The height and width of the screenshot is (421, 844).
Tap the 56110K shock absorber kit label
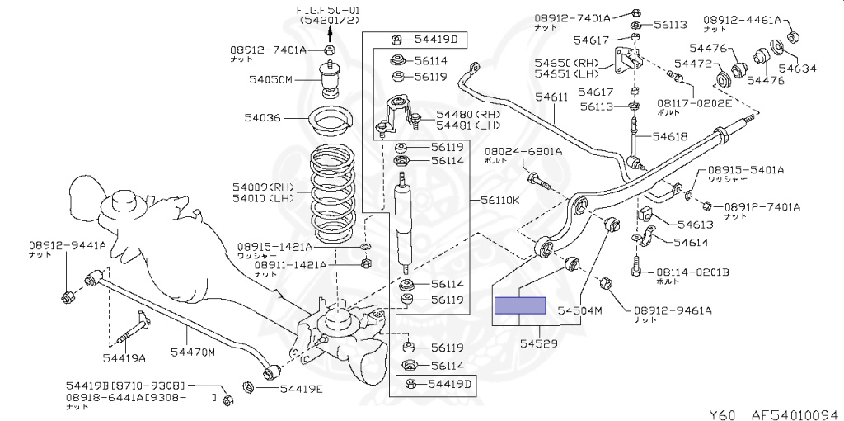coord(500,201)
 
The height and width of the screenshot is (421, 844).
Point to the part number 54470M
coord(192,353)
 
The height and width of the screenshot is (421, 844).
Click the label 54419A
coord(124,357)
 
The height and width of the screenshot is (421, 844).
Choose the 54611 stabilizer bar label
coord(551,97)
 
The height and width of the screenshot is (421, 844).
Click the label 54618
coord(670,136)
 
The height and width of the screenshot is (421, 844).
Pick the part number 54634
coord(796,69)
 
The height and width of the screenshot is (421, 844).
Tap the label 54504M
coord(580,310)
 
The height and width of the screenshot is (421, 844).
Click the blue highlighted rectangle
coord(519,305)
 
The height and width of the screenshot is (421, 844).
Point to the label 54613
coord(695,224)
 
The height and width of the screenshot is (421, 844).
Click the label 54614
coord(691,242)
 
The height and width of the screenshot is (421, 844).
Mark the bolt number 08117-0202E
coord(694,103)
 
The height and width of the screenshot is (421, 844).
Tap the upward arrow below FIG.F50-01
coord(330,33)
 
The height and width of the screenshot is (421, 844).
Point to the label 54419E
coord(302,389)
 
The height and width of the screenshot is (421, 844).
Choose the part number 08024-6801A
coord(523,152)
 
